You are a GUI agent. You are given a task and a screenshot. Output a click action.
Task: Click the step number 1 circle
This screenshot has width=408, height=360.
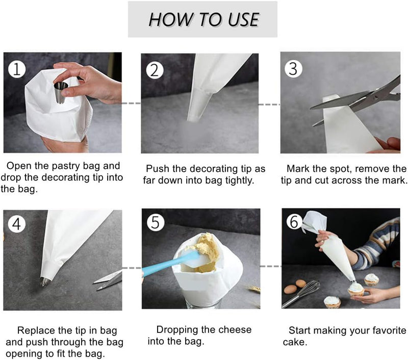pyautogui.click(x=17, y=69)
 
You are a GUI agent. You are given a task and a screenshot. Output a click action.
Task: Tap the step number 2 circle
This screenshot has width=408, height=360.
pyautogui.click(x=155, y=70)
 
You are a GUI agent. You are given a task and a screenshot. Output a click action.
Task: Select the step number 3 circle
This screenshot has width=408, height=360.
pyautogui.click(x=293, y=69)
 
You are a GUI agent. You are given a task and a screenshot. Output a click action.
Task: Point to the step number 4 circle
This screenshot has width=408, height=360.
pyautogui.click(x=17, y=224)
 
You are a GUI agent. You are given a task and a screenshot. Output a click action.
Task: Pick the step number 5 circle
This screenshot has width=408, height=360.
pyautogui.click(x=156, y=222)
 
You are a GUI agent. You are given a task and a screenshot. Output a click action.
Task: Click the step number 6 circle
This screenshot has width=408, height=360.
pyautogui.click(x=294, y=222)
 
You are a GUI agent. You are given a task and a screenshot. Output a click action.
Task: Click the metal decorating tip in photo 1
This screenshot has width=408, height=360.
pyautogui.click(x=61, y=93)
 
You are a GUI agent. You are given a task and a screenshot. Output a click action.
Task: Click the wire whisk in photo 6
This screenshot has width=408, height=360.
pyautogui.click(x=301, y=293)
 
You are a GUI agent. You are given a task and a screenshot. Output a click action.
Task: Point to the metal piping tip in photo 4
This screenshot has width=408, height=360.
pyautogui.click(x=45, y=281)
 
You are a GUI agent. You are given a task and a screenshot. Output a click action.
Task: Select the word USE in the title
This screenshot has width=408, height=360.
pyautogui.click(x=243, y=19)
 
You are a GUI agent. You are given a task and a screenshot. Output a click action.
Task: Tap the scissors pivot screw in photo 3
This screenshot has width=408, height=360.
pyautogui.click(x=376, y=97)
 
